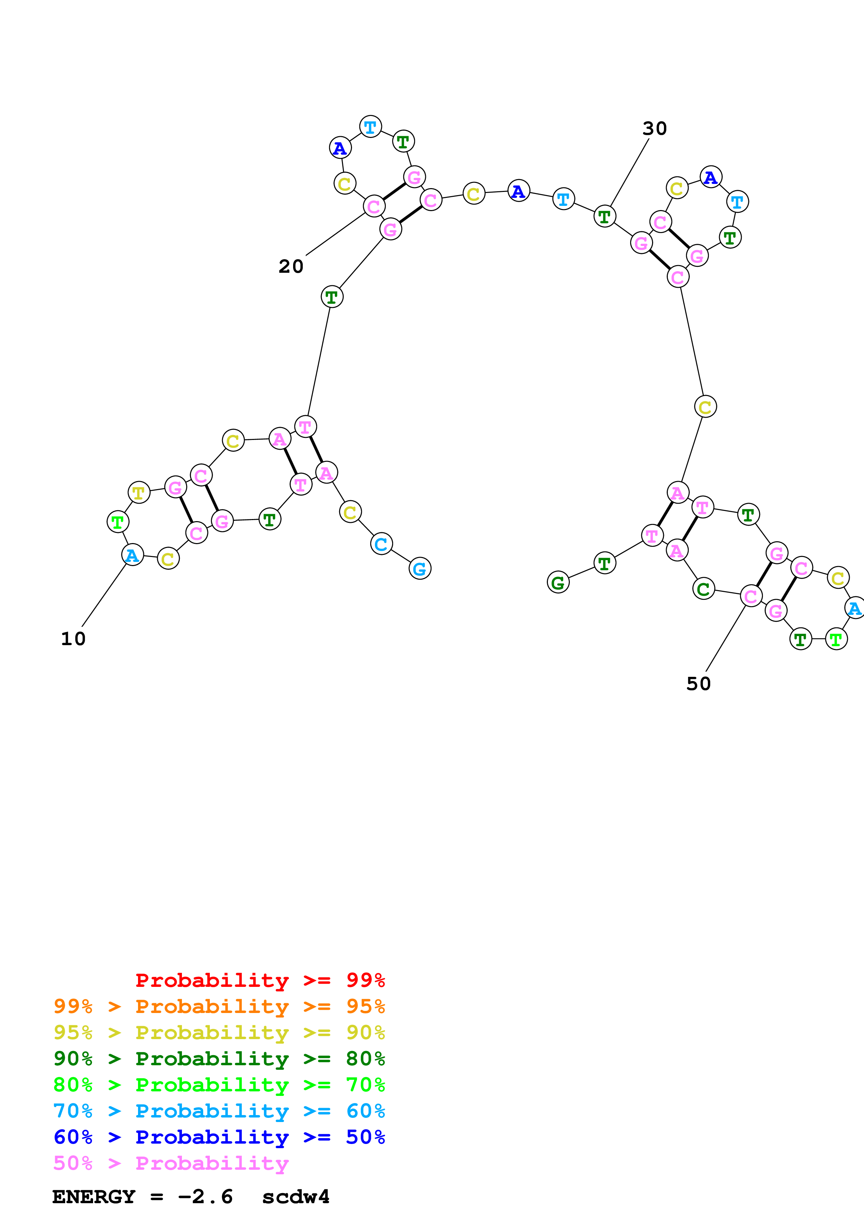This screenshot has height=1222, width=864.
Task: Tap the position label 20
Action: (291, 266)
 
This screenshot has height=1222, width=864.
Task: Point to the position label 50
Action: (698, 683)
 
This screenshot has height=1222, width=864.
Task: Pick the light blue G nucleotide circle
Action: (420, 569)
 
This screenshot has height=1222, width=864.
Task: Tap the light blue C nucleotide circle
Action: (381, 543)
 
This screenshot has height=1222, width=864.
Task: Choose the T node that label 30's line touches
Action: (604, 216)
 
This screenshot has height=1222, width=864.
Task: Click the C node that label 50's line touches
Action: (751, 596)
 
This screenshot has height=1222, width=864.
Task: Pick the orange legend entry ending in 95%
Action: (219, 1006)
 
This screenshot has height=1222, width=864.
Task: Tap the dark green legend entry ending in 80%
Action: (219, 1059)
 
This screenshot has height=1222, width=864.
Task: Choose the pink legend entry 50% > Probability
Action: (170, 1163)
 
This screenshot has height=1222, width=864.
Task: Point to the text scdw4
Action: (296, 1197)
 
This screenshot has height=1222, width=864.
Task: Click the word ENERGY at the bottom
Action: (94, 1197)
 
